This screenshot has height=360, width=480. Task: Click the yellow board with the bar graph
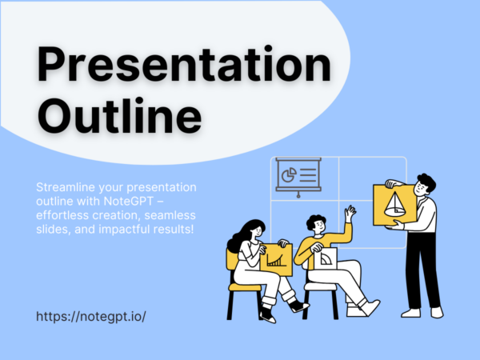[x=274, y=256]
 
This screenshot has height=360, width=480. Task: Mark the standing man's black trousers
[x=420, y=268]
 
